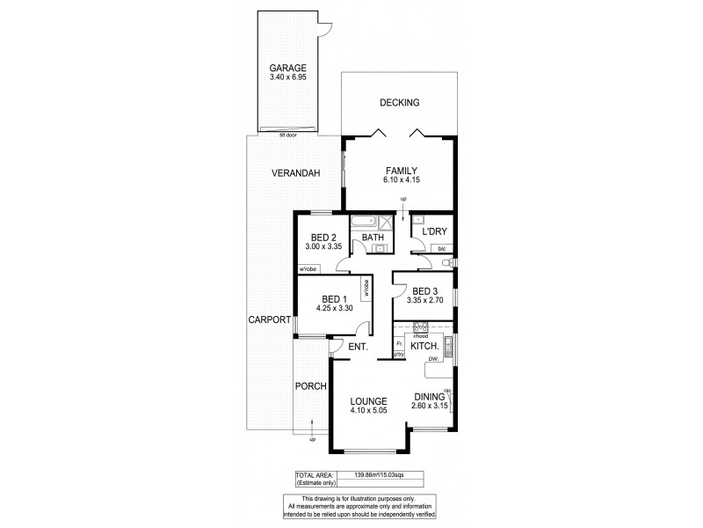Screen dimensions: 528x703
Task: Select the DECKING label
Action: pos(399,103)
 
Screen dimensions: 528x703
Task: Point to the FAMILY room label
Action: pos(399,170)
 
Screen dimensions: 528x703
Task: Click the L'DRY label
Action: pos(436,231)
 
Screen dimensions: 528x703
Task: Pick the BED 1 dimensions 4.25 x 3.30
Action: pos(335,309)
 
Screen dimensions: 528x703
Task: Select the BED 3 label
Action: pos(424,291)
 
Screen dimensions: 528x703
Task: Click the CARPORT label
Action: pos(269,319)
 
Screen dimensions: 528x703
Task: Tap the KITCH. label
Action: pos(425,346)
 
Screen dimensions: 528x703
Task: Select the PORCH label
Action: pos(311,385)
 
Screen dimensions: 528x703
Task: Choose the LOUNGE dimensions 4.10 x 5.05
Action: pos(369,410)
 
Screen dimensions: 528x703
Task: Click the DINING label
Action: pos(430,397)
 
